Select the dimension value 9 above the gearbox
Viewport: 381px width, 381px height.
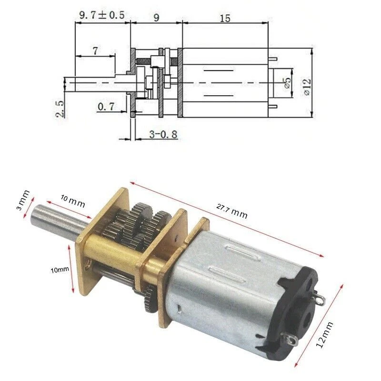click(156, 18)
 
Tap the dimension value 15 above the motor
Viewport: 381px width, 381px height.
click(225, 18)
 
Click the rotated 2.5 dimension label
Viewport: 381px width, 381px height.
click(60, 108)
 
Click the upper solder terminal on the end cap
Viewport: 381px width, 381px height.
click(320, 300)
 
